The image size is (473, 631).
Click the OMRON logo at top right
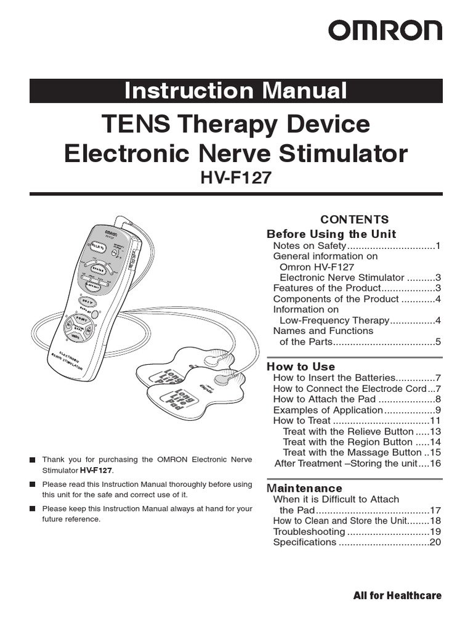pyautogui.click(x=384, y=31)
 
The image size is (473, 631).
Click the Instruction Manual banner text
pyautogui.click(x=236, y=91)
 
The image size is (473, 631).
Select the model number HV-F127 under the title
pyautogui.click(x=236, y=177)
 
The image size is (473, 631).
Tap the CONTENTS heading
pyautogui.click(x=355, y=219)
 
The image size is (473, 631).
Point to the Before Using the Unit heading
pyautogui.click(x=331, y=234)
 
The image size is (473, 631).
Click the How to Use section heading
pyautogui.click(x=301, y=367)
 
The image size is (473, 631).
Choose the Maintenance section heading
pyautogui.click(x=305, y=488)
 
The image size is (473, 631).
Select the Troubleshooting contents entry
pyautogui.click(x=309, y=531)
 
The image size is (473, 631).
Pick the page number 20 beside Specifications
pyautogui.click(x=435, y=542)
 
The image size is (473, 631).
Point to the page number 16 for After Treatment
pyautogui.click(x=435, y=463)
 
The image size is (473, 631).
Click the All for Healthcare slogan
pyautogui.click(x=397, y=595)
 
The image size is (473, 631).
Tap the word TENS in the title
pyautogui.click(x=130, y=124)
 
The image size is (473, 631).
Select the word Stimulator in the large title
pyautogui.click(x=344, y=153)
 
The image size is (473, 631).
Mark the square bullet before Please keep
pyautogui.click(x=33, y=509)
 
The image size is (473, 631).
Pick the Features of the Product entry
pyautogui.click(x=325, y=288)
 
